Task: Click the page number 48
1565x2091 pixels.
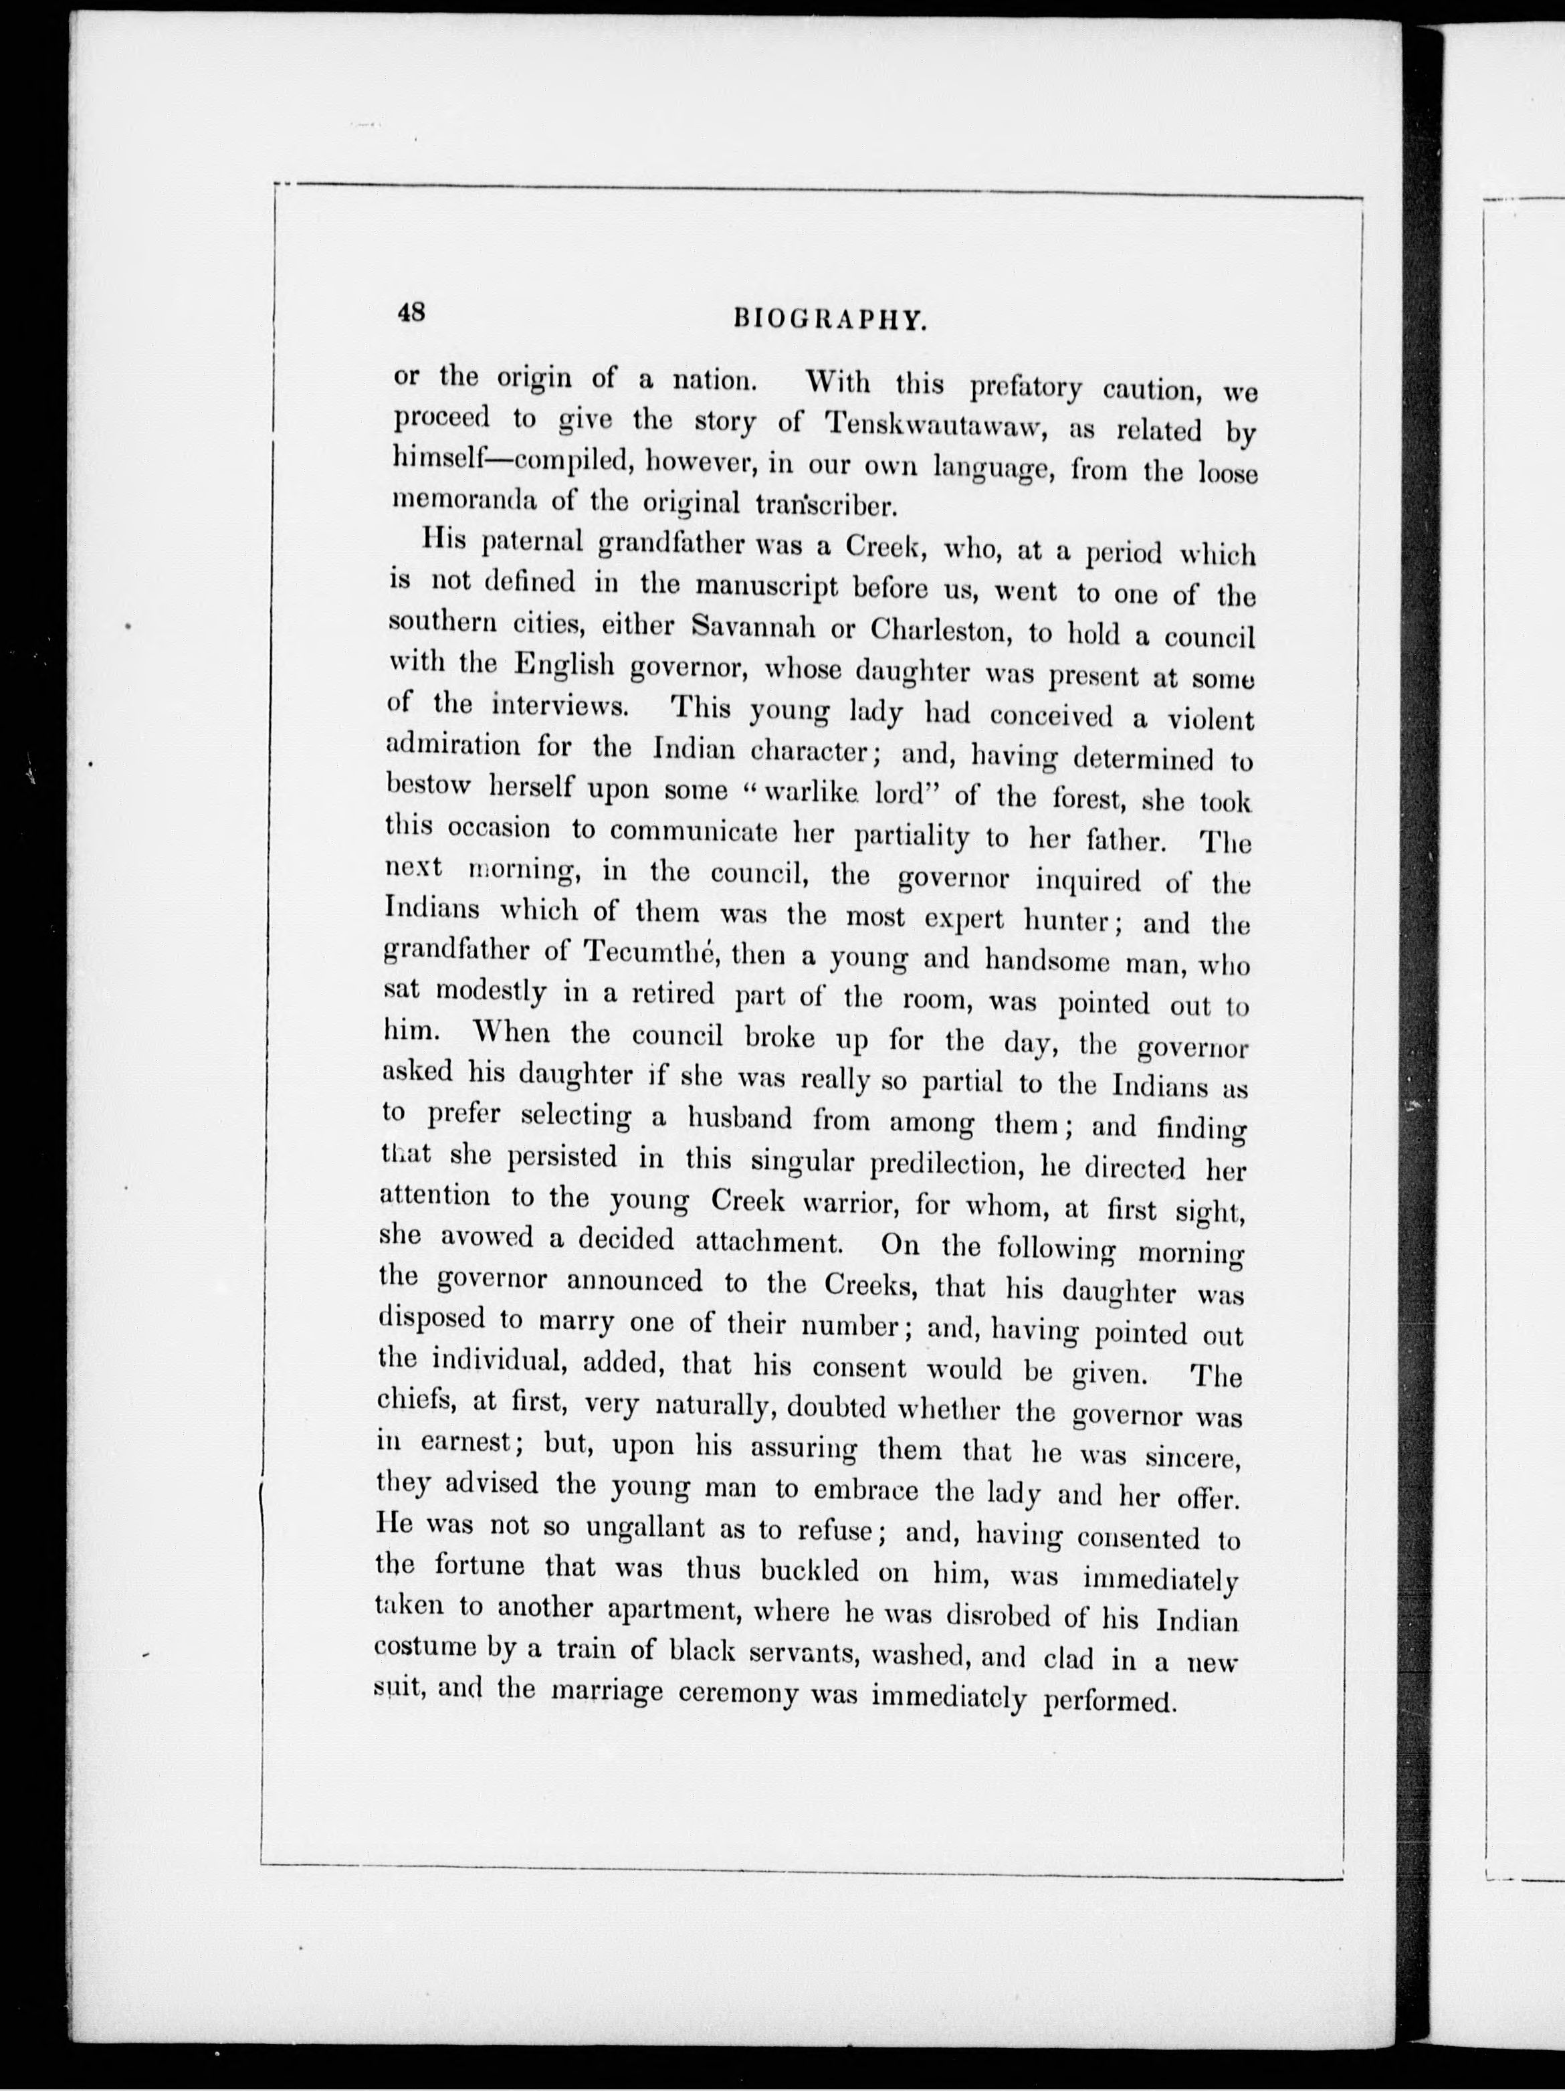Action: point(412,313)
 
